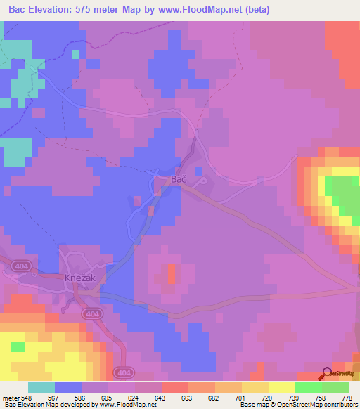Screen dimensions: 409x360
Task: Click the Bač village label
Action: point(179,180)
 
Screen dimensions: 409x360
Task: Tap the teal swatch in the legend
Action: point(41,387)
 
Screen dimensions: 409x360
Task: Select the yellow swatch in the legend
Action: point(282,387)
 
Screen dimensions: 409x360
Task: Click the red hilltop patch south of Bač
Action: point(171,276)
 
